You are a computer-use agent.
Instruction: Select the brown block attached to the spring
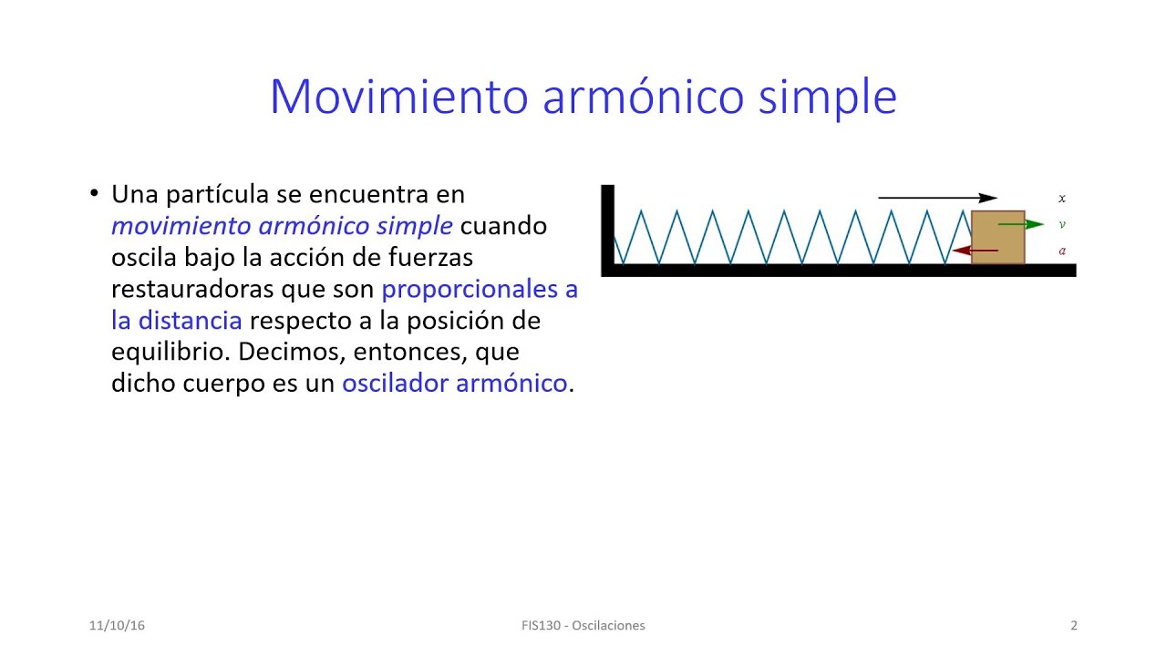pos(997,238)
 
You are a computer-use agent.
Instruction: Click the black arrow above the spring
pos(937,198)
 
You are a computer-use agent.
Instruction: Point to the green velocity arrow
pos(1021,224)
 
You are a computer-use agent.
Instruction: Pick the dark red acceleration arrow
pos(975,251)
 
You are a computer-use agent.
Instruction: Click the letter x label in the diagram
pos(1062,198)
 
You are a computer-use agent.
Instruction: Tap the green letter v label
pos(1062,224)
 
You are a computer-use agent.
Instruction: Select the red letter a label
pos(1062,251)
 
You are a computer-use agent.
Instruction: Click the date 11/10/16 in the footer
pos(117,626)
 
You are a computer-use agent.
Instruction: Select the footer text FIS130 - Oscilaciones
pos(583,626)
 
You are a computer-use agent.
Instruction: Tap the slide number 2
pos(1074,626)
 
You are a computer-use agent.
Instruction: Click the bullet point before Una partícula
pos(94,193)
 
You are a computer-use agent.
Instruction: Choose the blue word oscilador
pos(395,384)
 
